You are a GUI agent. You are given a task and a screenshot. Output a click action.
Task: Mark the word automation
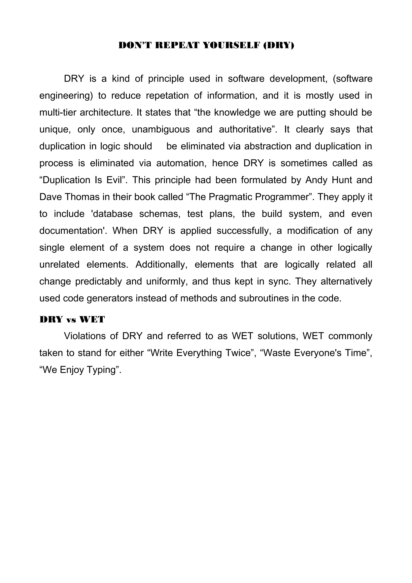tap(180, 163)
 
